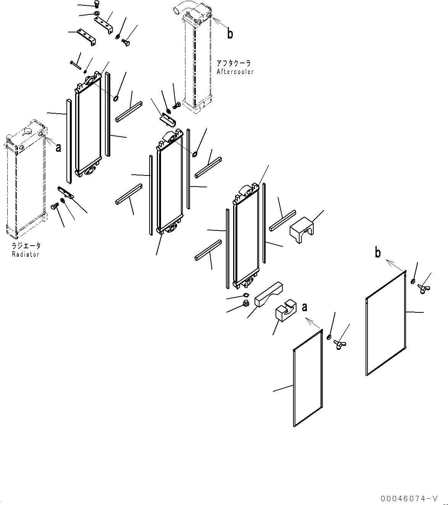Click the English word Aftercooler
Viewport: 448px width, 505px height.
(x=235, y=72)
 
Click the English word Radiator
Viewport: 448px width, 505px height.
(x=25, y=254)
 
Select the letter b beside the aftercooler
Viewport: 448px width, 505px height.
(x=230, y=34)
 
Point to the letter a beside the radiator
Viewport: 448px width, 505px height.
(x=58, y=148)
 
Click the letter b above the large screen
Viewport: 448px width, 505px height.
(x=377, y=252)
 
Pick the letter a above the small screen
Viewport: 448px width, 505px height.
(x=305, y=307)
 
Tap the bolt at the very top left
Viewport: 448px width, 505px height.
(x=96, y=5)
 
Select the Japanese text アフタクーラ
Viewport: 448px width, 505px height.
(x=234, y=64)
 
